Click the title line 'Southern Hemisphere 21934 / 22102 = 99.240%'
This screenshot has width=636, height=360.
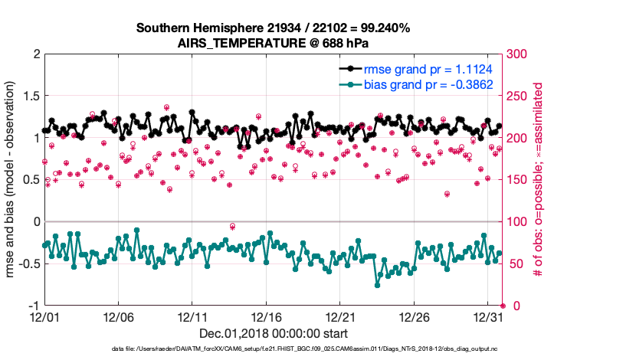(274, 28)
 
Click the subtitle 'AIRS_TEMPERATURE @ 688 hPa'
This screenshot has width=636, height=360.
(274, 42)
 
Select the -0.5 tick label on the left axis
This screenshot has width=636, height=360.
(27, 263)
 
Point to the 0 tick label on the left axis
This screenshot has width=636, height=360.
(34, 222)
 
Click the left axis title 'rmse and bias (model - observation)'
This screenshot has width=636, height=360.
(11, 179)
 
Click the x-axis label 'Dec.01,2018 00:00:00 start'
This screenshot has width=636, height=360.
(274, 333)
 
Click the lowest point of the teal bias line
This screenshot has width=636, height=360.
(377, 285)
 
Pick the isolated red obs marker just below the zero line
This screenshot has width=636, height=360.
(232, 227)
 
